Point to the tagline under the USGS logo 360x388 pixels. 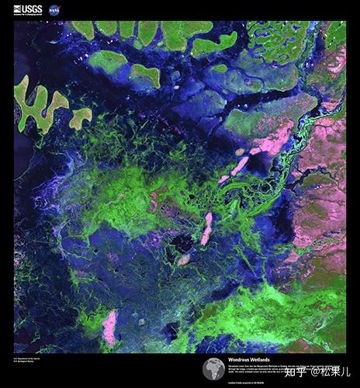click(x=29, y=15)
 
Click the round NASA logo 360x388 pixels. click(x=54, y=9)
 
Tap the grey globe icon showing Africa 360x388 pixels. click(x=213, y=369)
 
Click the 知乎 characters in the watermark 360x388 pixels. click(x=296, y=372)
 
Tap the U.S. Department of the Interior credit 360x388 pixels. click(x=26, y=358)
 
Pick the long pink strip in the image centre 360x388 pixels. click(x=206, y=228)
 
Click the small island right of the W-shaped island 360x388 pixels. click(x=81, y=118)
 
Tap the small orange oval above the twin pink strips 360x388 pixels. click(x=240, y=151)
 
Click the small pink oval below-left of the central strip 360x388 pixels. click(x=185, y=259)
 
